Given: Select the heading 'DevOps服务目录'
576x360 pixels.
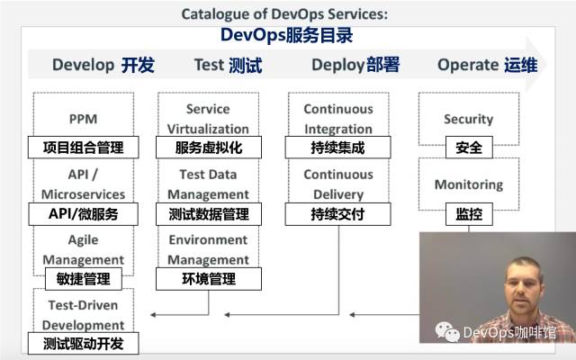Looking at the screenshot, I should [287, 36].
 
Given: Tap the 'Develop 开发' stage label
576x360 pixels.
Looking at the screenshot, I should [103, 65].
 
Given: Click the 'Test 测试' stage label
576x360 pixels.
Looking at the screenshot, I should [228, 65].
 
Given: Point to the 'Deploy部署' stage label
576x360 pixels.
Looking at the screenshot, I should [355, 65].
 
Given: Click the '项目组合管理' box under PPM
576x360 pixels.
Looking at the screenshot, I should [83, 148].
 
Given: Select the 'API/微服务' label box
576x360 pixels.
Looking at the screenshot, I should [83, 214].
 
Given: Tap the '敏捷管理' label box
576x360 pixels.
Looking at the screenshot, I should [83, 280].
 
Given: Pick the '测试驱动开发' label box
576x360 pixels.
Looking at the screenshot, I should [83, 344].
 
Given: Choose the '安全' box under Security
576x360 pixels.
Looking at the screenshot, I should [468, 148].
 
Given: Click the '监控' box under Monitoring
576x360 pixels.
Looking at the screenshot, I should [468, 214].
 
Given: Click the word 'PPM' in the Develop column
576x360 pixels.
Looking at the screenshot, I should [83, 119].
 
